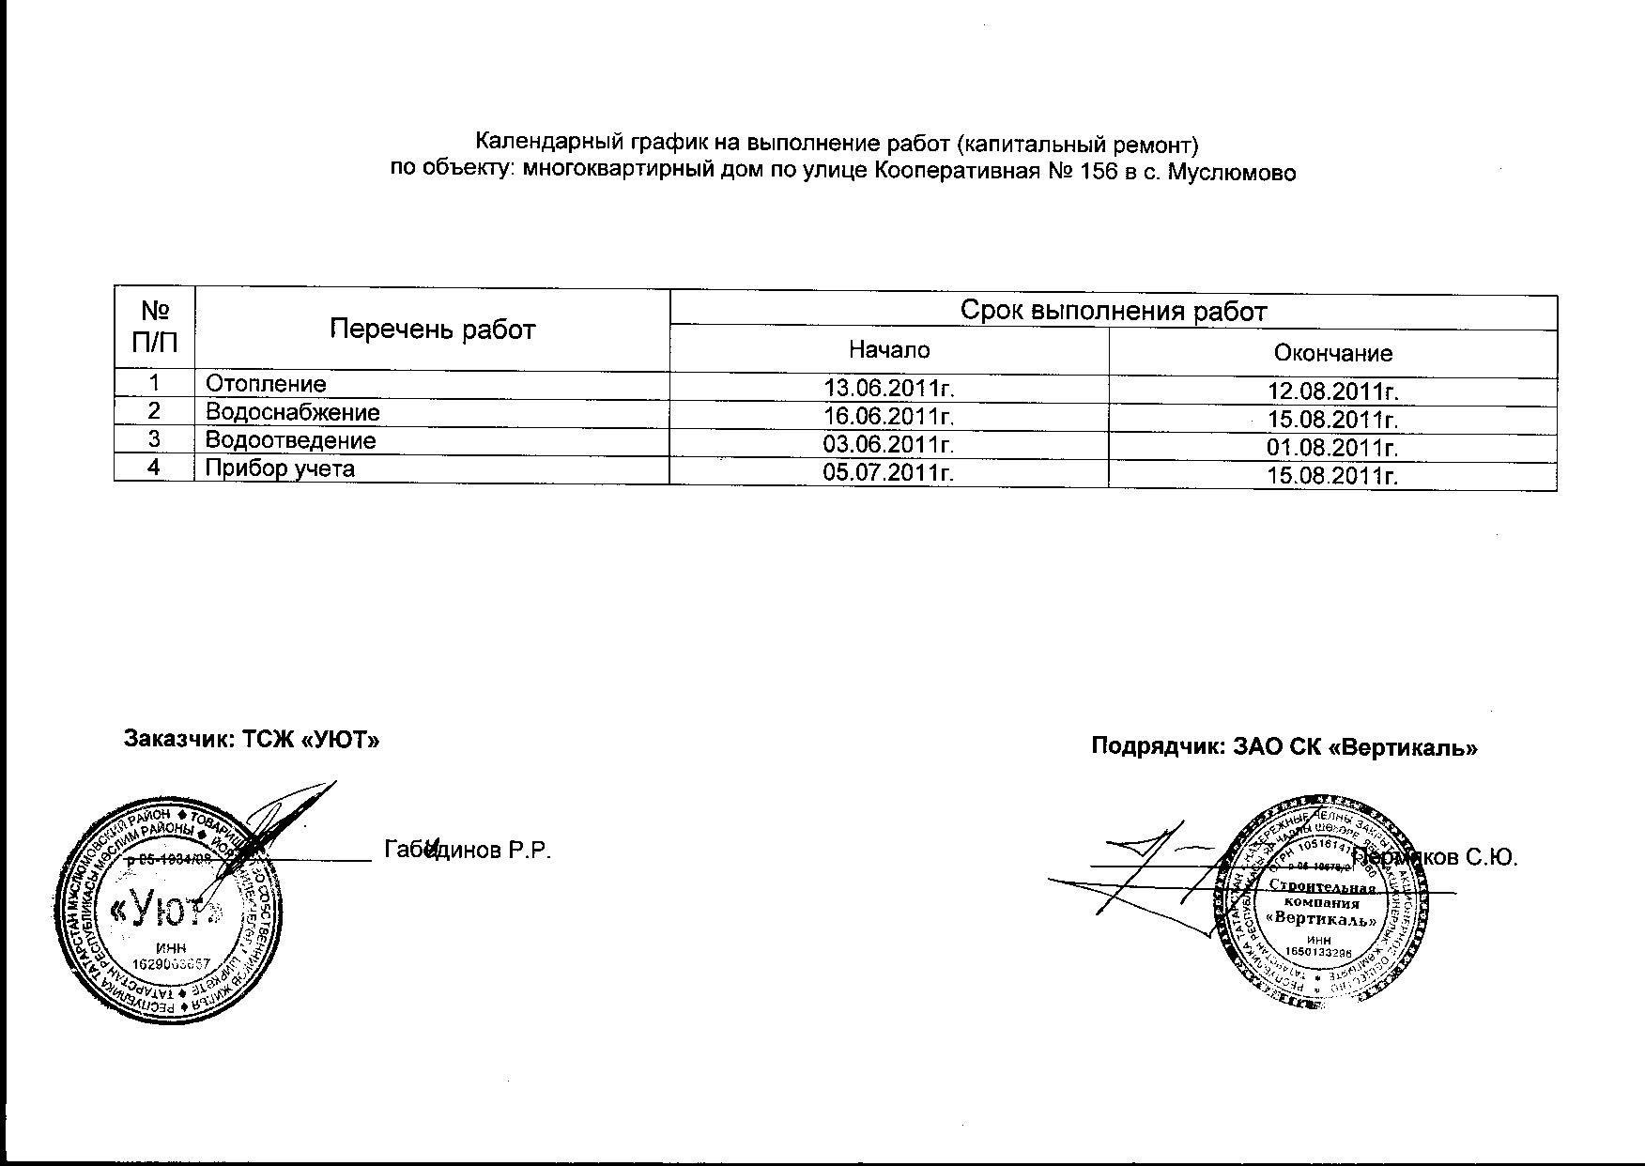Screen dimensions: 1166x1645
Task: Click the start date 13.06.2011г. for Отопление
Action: tap(888, 388)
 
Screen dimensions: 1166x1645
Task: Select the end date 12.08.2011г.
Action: tap(1332, 391)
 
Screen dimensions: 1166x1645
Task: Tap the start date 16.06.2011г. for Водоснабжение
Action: tap(888, 416)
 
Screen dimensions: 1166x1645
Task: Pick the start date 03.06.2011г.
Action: tap(888, 444)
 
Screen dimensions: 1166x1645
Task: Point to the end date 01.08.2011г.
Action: tap(1332, 448)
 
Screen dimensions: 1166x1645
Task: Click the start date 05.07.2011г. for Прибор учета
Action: tap(888, 472)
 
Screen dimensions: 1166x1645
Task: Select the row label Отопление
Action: tap(266, 384)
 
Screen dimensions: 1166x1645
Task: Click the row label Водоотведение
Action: tap(290, 440)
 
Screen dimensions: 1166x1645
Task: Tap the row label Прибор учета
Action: tap(280, 468)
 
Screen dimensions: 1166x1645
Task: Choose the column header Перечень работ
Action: tap(432, 330)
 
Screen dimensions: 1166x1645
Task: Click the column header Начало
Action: tap(888, 350)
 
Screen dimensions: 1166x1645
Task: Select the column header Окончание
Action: tap(1332, 353)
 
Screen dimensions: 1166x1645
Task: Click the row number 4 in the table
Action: tap(154, 468)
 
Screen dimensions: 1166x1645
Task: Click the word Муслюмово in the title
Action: tap(1231, 174)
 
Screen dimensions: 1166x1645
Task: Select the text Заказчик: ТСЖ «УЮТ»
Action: tap(252, 739)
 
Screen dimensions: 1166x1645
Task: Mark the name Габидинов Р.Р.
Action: tap(467, 851)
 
